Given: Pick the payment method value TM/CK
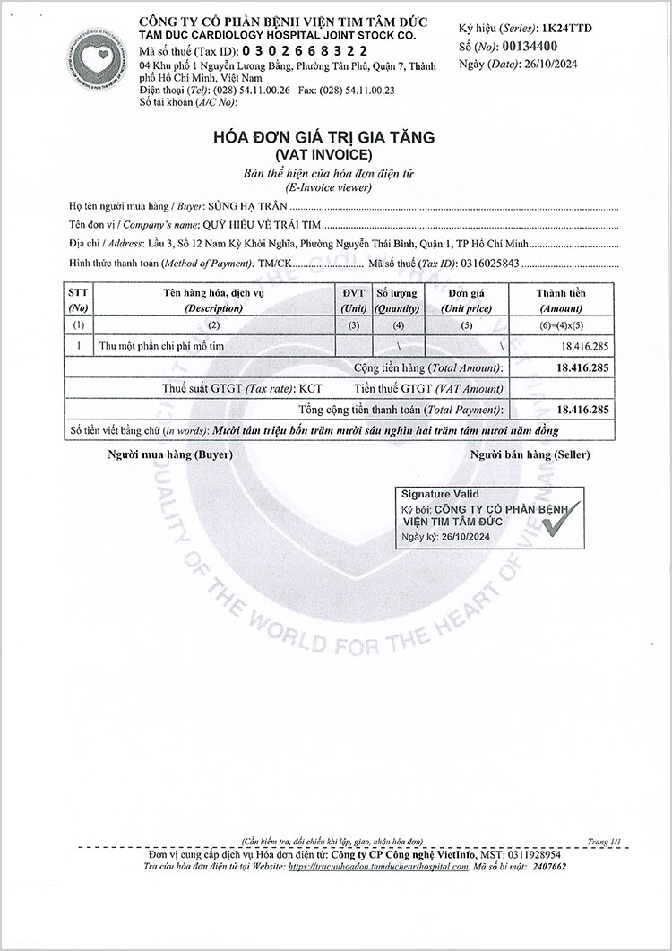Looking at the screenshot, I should pyautogui.click(x=275, y=263).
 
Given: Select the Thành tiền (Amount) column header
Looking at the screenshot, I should pyautogui.click(x=560, y=299).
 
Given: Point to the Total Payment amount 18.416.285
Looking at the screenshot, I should pyautogui.click(x=582, y=409).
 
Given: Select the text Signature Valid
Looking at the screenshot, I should pyautogui.click(x=440, y=494).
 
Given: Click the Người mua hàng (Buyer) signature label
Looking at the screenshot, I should pyautogui.click(x=170, y=454).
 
